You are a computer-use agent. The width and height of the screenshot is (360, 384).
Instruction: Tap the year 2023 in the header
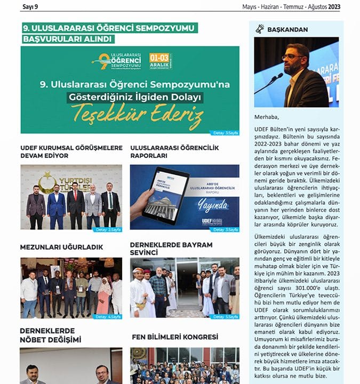[x=334, y=7]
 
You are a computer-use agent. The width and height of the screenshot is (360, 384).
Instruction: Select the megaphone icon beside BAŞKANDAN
[x=260, y=29]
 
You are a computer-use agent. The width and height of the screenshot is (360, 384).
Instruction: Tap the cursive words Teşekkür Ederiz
[x=137, y=114]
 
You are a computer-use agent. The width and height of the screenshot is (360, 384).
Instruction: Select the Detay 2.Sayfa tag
[x=108, y=229]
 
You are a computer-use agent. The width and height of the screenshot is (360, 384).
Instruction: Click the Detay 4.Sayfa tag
[x=108, y=316]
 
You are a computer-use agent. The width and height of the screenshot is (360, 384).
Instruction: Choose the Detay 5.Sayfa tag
[x=224, y=316]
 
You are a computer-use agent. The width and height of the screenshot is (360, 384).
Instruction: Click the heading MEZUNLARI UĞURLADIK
[x=61, y=247]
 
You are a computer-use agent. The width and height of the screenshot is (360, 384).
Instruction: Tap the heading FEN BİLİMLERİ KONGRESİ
[x=175, y=337]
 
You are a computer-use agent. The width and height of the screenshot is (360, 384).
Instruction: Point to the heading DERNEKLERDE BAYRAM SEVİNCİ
[x=171, y=248]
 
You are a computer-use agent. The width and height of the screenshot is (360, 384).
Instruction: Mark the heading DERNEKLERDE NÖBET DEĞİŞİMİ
[x=51, y=335]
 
